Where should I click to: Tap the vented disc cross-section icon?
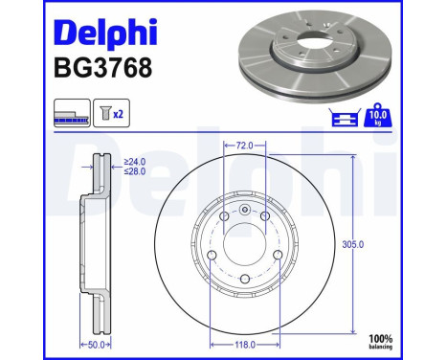[72, 114]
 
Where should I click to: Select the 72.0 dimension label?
[244, 146]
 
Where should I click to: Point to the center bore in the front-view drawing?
[244, 243]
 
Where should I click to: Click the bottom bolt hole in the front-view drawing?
[244, 280]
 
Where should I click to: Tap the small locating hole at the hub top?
[244, 212]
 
